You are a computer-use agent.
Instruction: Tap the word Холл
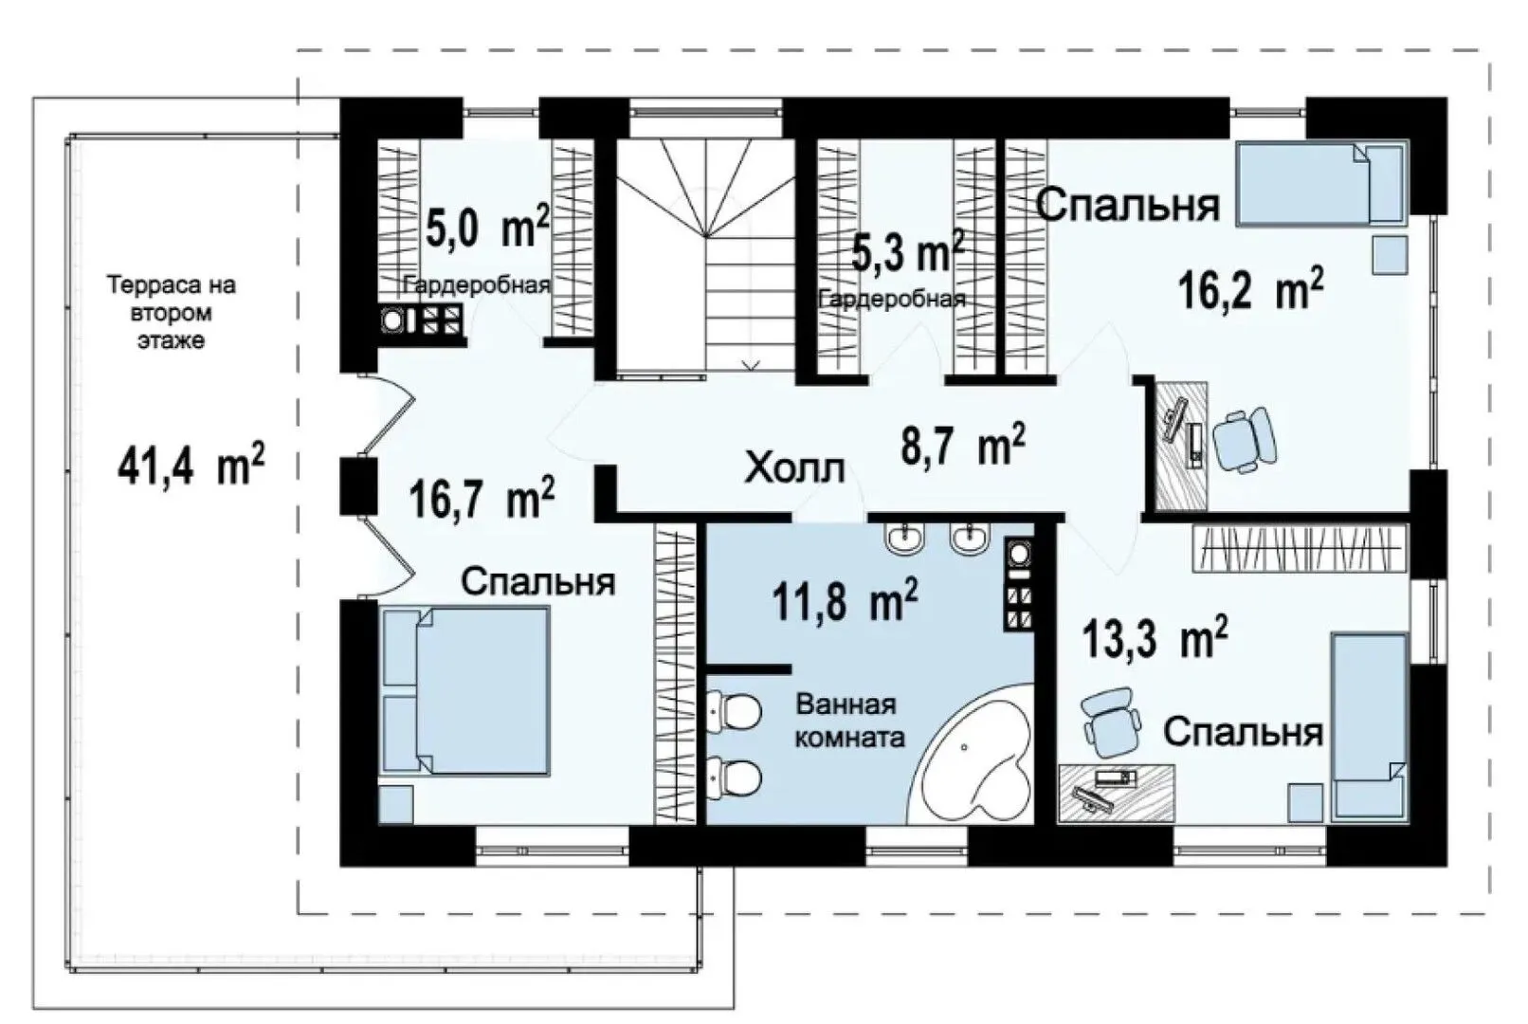coord(794,468)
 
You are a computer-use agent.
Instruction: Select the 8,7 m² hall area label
coord(963,444)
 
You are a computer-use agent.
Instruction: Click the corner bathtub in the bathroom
coord(972,755)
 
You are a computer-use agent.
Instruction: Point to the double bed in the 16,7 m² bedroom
coord(466,691)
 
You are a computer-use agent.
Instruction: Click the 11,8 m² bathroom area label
coord(845,599)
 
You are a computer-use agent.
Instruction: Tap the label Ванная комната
coord(850,721)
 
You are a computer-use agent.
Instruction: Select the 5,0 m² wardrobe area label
coord(487,227)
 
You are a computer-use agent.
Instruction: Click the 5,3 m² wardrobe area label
coord(907,251)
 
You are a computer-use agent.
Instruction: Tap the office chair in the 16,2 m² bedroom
coord(1245,440)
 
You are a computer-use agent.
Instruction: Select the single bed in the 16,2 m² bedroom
coord(1322,183)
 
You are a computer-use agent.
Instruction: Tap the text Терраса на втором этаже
coord(171,313)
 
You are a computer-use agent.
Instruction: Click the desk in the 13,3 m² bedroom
coord(1116,794)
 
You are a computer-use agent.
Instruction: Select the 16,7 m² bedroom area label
coord(482,498)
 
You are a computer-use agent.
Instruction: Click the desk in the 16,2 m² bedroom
coord(1180,445)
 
